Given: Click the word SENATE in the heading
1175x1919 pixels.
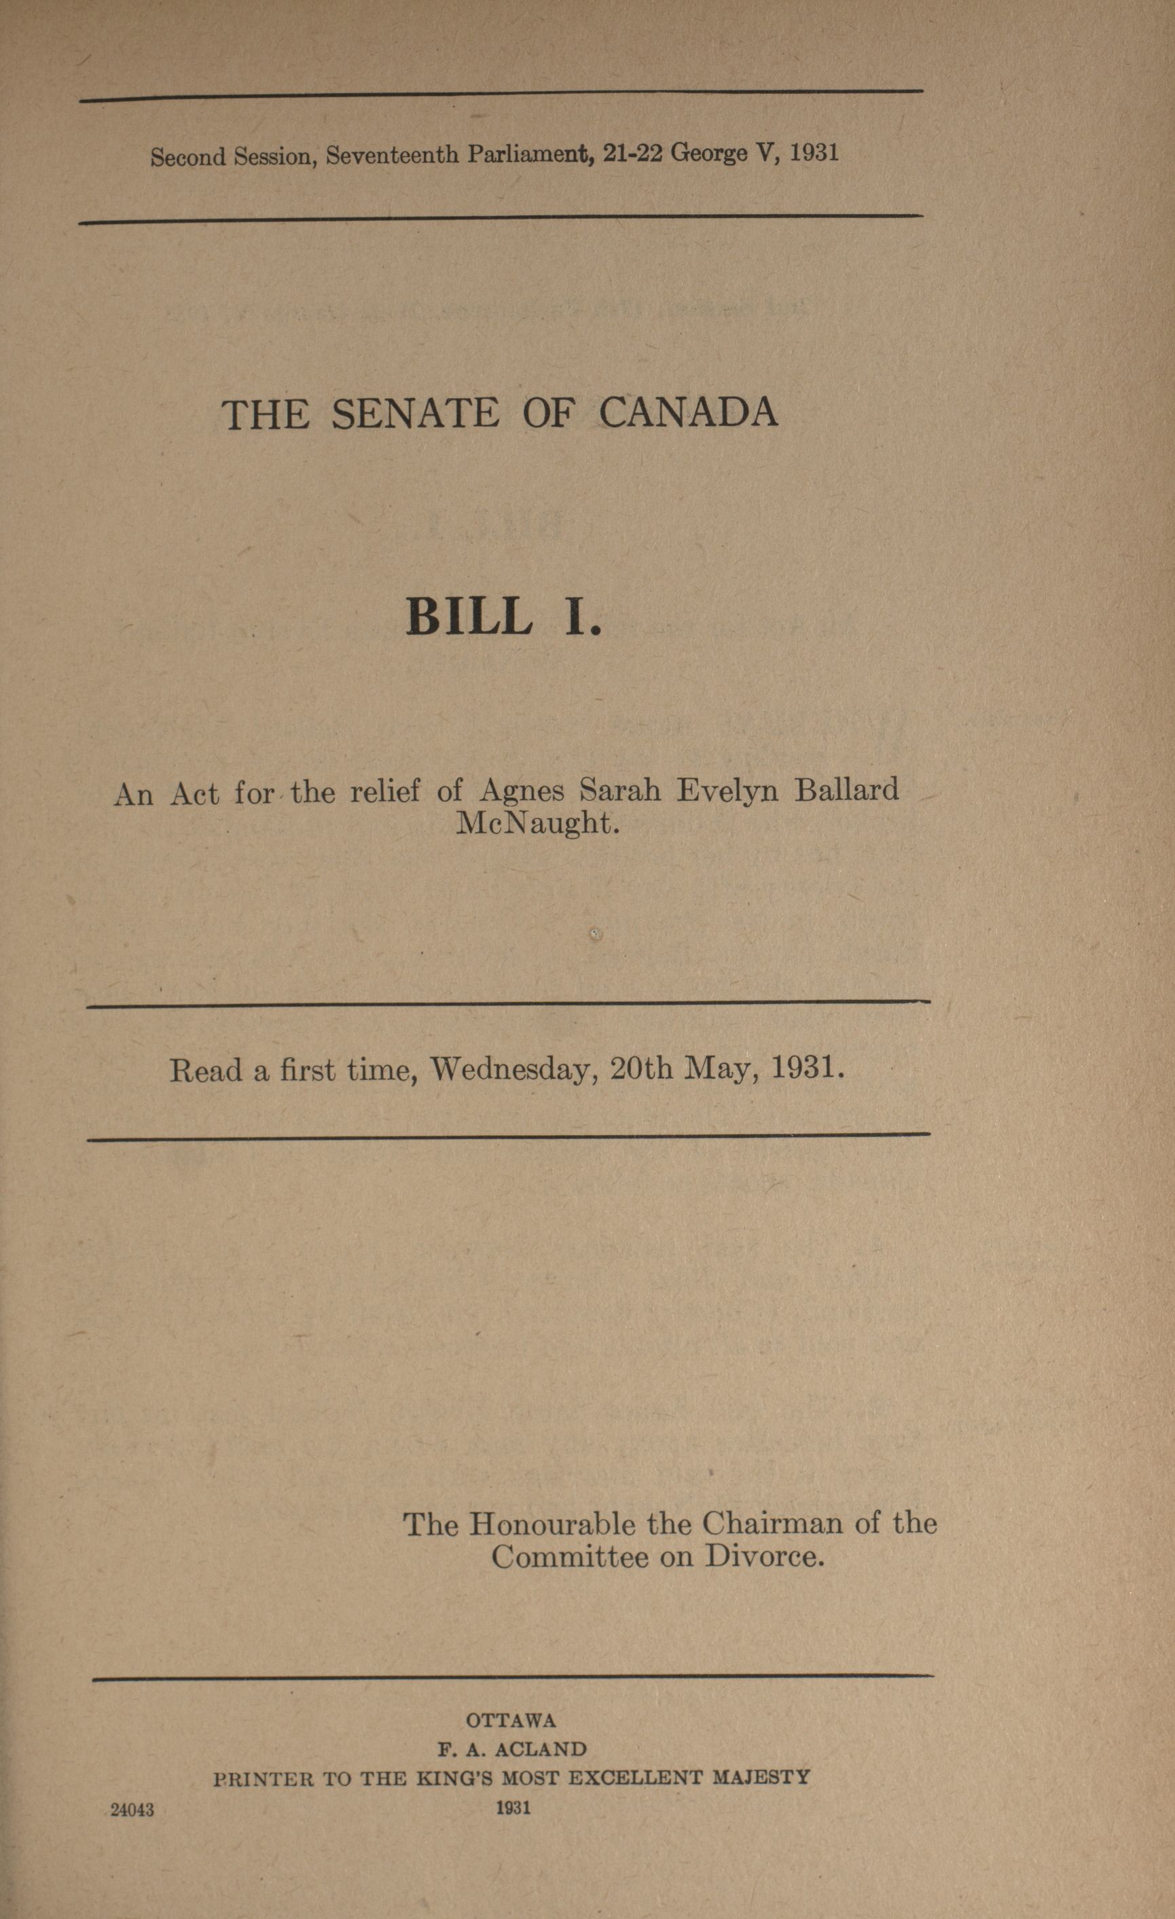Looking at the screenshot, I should [x=415, y=414].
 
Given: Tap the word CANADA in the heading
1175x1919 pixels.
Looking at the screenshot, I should [x=687, y=413].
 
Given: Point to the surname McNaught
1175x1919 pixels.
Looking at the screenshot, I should [x=537, y=823].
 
